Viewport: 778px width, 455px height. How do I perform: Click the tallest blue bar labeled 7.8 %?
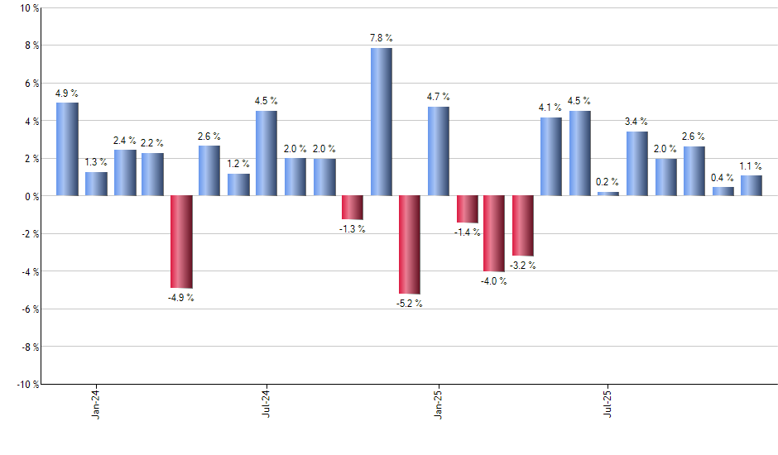coord(382,122)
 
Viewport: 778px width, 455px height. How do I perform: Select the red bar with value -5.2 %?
coord(410,245)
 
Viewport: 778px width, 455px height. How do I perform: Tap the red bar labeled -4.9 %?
coord(181,242)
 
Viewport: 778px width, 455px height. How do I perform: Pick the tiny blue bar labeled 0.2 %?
coord(608,194)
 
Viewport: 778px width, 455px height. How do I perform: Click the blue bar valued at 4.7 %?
coord(439,151)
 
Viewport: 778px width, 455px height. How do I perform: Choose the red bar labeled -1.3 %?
coord(353,208)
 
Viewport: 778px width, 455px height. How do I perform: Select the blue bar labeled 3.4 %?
coord(637,164)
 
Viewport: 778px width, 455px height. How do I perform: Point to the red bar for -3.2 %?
coord(523,226)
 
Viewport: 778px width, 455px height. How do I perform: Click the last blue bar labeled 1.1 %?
coord(752,185)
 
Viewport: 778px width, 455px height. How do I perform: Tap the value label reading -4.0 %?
coord(494,281)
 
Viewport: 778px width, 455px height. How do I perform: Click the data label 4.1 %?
coord(551,107)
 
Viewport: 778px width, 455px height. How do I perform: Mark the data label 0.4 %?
coord(723,177)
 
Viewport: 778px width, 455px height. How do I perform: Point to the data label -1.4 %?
coord(467,232)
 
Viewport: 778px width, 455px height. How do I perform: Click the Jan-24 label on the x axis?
coord(97,403)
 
